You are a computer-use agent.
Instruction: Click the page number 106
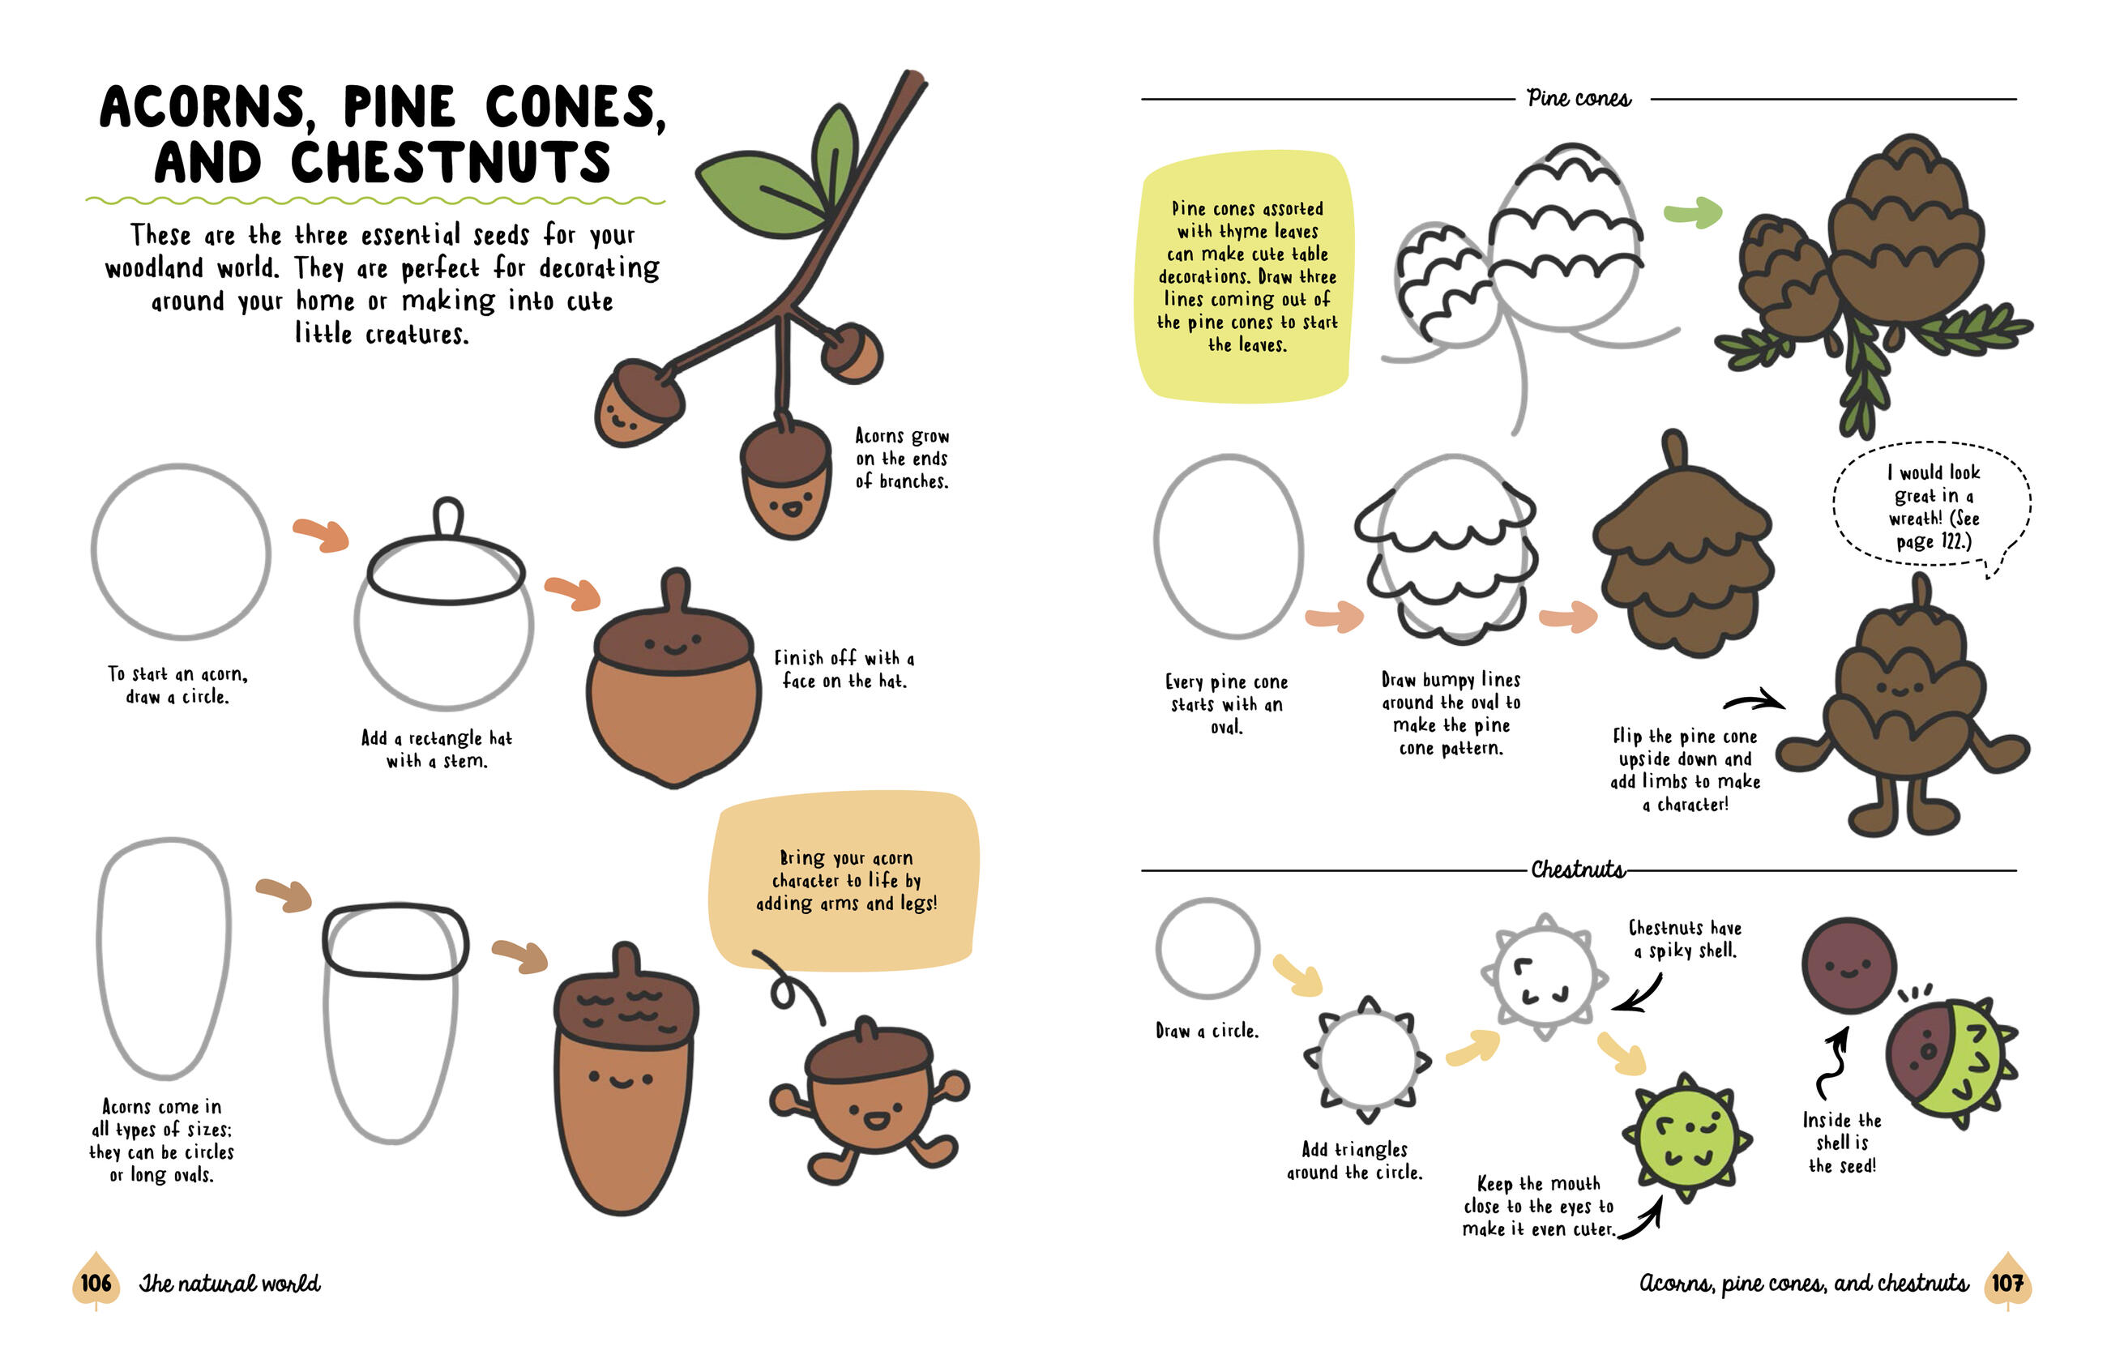pyautogui.click(x=96, y=1283)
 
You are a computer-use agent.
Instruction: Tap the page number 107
pyautogui.click(x=2007, y=1283)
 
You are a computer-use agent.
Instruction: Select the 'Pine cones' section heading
pyautogui.click(x=1579, y=98)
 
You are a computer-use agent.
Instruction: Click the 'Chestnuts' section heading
pyautogui.click(x=1578, y=869)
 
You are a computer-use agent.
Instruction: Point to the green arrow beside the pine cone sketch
pyautogui.click(x=1693, y=212)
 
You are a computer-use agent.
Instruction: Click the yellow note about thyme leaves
pyautogui.click(x=1246, y=276)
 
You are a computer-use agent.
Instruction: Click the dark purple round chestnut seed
pyautogui.click(x=1848, y=965)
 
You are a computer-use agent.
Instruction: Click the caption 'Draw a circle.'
pyautogui.click(x=1207, y=1031)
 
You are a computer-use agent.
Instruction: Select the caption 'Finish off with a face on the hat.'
pyautogui.click(x=844, y=669)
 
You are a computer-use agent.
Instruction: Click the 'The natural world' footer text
pyautogui.click(x=229, y=1284)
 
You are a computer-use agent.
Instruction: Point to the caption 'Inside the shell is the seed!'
pyautogui.click(x=1842, y=1143)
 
